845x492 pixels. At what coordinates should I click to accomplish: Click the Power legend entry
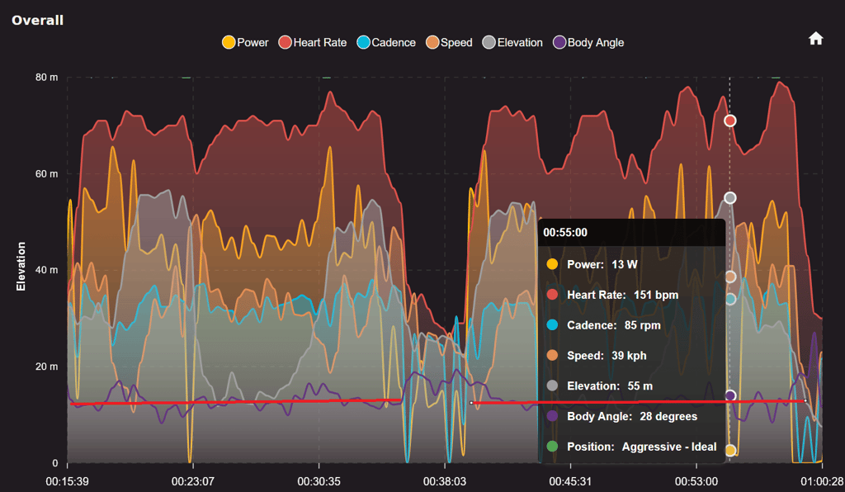pos(245,42)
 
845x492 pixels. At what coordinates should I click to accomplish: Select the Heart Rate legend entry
pos(313,42)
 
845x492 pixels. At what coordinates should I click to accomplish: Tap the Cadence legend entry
pos(385,42)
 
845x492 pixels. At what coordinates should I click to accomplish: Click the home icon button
pos(815,39)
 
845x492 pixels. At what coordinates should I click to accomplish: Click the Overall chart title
pos(37,19)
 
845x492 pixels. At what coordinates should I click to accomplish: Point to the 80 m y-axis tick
pos(46,78)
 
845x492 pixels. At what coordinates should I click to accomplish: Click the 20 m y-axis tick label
pos(46,367)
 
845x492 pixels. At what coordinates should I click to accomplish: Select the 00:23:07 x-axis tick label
pos(193,480)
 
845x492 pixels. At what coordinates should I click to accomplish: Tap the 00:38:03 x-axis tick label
pos(445,480)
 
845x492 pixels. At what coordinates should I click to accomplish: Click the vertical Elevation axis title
pos(22,266)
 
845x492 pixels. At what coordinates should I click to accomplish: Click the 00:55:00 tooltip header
pos(565,233)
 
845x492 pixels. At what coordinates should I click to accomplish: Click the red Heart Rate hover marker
pos(729,121)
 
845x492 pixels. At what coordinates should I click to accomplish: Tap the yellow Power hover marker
pos(729,450)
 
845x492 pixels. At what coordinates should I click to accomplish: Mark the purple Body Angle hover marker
pos(729,396)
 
